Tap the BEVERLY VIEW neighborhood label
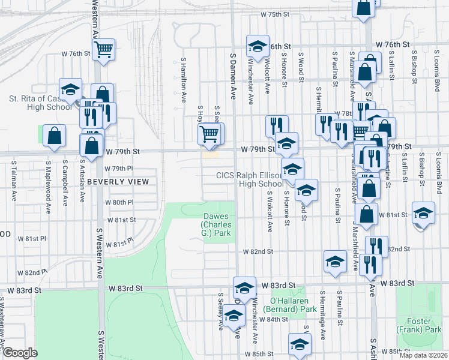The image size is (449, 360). pos(117,181)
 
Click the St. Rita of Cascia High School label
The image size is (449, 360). pos(42,103)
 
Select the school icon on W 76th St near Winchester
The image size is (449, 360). pos(258,47)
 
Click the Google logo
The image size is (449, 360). pos(20,353)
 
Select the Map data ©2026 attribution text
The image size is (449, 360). pos(423,355)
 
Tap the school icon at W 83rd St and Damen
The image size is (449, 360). pos(244,287)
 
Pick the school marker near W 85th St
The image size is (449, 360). pos(299,344)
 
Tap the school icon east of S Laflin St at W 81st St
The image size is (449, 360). pos(423,213)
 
